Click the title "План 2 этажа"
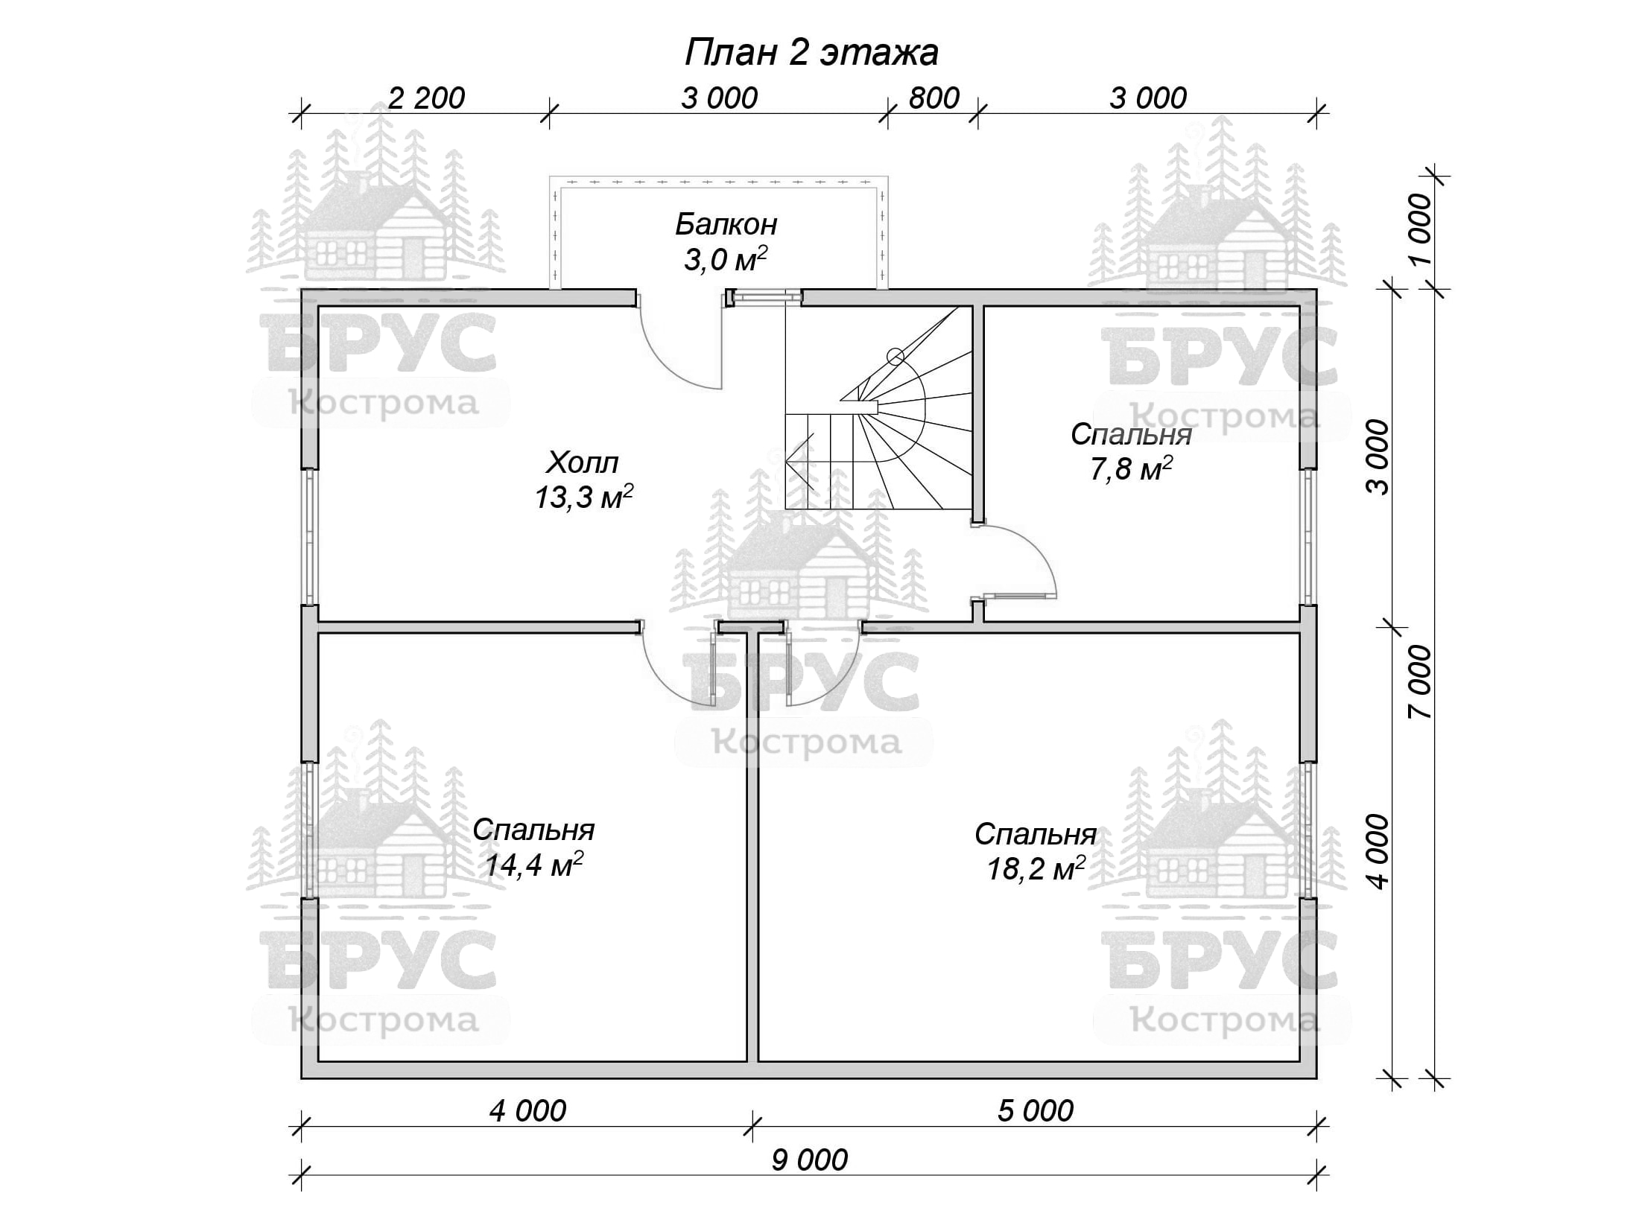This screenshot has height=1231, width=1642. click(x=811, y=53)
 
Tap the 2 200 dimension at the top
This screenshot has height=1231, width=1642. click(x=427, y=98)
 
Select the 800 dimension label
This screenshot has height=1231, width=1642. click(x=934, y=98)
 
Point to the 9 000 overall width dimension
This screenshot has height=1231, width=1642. click(x=809, y=1160)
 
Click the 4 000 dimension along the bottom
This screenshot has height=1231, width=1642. click(x=527, y=1111)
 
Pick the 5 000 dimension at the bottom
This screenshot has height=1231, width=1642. click(x=1036, y=1111)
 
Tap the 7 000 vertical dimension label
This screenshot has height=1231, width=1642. click(x=1420, y=681)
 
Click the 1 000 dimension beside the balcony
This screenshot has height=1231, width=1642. click(x=1420, y=229)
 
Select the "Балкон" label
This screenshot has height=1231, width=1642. click(x=726, y=224)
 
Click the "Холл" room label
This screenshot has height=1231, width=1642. click(x=583, y=462)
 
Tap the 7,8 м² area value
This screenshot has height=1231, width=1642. click(x=1132, y=469)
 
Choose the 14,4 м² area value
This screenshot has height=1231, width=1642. click(x=533, y=865)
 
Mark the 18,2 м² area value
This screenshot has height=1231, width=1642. click(x=1036, y=868)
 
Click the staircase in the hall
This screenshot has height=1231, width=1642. click(x=879, y=408)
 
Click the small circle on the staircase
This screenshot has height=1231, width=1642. click(x=896, y=357)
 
